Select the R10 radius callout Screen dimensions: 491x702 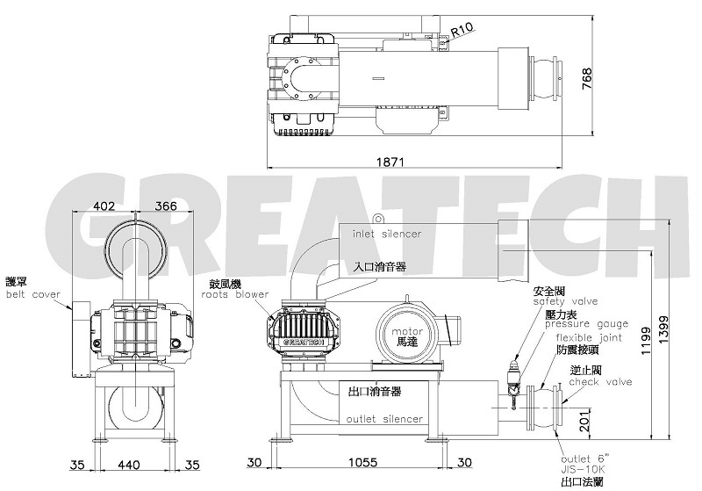click(x=462, y=30)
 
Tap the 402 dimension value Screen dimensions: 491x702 click(x=104, y=206)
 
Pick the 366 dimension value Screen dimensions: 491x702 click(x=165, y=206)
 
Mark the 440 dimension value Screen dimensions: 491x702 click(x=129, y=462)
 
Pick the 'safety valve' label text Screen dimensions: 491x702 click(x=565, y=301)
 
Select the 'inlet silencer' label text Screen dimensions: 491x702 click(x=386, y=235)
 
